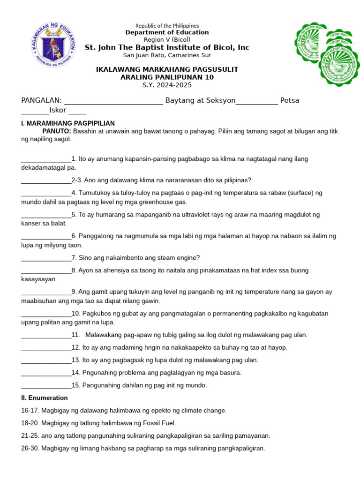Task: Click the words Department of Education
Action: click(x=167, y=32)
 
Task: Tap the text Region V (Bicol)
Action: click(x=167, y=39)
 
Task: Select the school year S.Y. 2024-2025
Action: click(x=167, y=85)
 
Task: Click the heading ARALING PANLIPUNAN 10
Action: click(x=167, y=77)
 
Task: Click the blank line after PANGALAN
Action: click(x=113, y=101)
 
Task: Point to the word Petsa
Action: click(x=289, y=100)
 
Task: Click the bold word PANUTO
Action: click(x=57, y=131)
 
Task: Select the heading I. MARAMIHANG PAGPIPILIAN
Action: click(x=68, y=123)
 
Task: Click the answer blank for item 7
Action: click(x=46, y=258)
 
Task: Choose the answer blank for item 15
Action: click(x=46, y=386)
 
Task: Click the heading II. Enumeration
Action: click(x=45, y=398)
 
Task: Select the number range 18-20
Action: click(x=30, y=423)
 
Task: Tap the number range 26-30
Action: click(x=30, y=448)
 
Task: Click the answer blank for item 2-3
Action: click(x=46, y=181)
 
